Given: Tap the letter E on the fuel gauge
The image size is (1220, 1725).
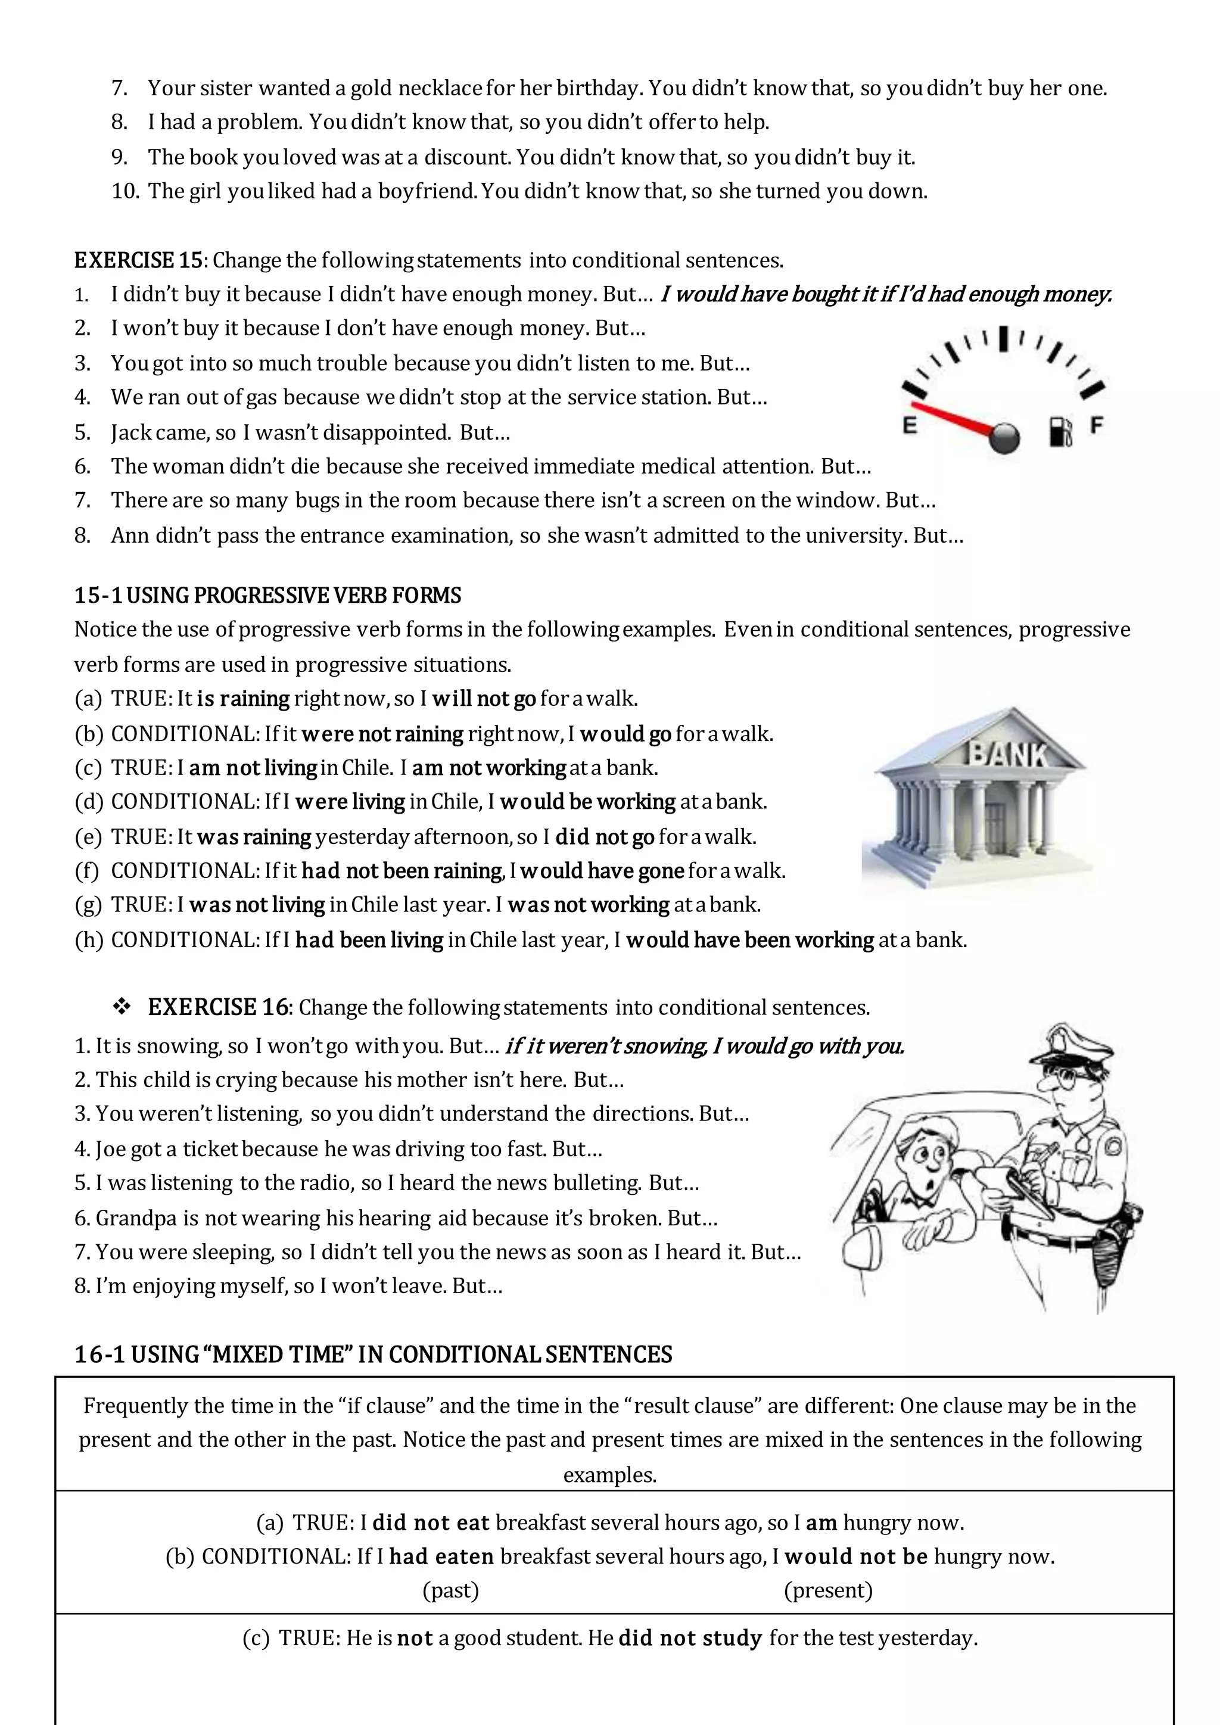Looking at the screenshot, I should (x=910, y=425).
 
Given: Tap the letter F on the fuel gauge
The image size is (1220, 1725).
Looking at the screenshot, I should (x=1096, y=425).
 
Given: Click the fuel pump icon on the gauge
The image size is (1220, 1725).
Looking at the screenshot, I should (x=1060, y=432).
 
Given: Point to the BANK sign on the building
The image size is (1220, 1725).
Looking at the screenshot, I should (x=1006, y=753).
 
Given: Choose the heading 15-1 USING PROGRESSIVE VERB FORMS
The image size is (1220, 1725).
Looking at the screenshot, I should (x=267, y=595).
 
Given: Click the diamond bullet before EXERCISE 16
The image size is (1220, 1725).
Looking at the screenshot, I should (x=122, y=1007).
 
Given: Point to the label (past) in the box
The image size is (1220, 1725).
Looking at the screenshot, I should (x=451, y=1590).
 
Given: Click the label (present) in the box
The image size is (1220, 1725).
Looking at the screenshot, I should (x=828, y=1590).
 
